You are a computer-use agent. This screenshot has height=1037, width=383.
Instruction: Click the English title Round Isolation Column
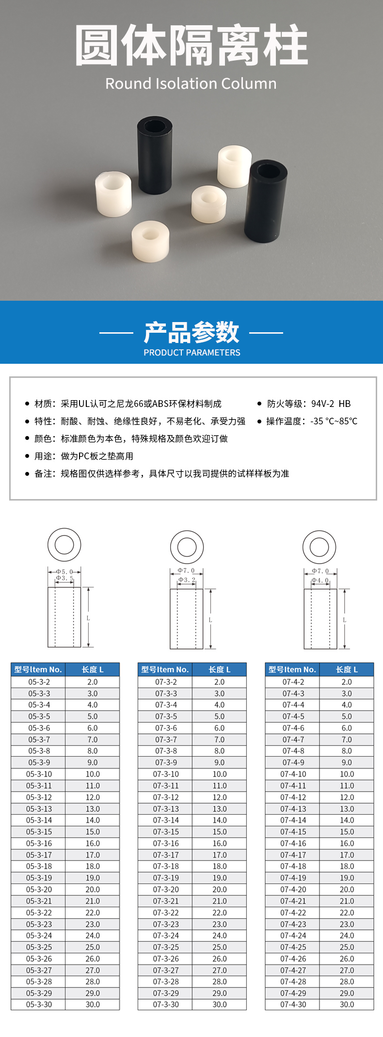191,83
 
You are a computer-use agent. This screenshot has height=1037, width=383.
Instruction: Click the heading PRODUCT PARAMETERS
191,353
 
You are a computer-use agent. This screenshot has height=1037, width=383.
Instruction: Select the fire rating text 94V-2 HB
331,404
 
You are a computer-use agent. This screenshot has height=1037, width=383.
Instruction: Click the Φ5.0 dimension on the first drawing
64,572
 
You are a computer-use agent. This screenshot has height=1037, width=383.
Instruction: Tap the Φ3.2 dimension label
187,580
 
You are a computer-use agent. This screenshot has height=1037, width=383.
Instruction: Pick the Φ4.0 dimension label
320,580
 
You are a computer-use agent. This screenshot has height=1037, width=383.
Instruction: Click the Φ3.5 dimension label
64,578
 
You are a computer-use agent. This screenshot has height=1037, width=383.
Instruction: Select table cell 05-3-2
39,682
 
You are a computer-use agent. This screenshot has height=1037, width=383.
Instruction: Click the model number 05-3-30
39,1005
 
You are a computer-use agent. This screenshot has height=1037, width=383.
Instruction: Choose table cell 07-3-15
166,832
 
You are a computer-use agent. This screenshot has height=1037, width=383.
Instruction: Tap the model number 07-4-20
293,890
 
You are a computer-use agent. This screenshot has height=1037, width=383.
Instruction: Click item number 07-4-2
293,682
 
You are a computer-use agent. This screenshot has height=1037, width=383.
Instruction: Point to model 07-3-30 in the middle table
166,1005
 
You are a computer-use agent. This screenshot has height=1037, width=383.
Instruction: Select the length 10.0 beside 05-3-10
93,774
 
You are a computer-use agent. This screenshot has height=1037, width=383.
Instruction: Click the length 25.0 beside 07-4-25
347,947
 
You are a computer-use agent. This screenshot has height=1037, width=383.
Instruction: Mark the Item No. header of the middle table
165,669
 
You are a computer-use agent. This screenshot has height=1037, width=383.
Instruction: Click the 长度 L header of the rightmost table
347,669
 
